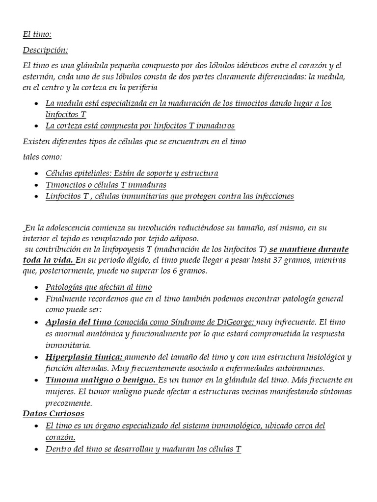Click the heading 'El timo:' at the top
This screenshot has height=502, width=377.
tap(37, 34)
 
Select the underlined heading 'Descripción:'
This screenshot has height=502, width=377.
tap(46, 50)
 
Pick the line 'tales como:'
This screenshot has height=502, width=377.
tap(43, 157)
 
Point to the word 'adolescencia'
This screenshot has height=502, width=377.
tap(72, 228)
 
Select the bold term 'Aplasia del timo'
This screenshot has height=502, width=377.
tap(79, 323)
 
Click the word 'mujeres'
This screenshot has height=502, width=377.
tap(61, 392)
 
